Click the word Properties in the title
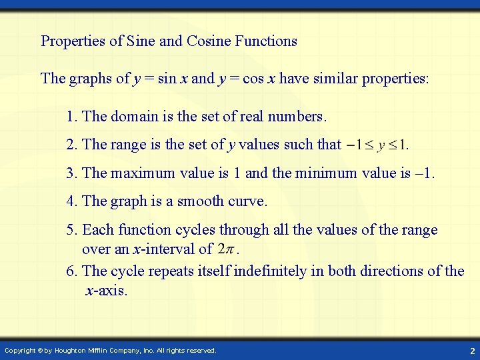[74, 41]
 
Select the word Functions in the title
[266, 41]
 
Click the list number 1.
[71, 117]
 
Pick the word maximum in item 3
[137, 173]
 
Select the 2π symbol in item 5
[225, 250]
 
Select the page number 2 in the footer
[471, 351]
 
